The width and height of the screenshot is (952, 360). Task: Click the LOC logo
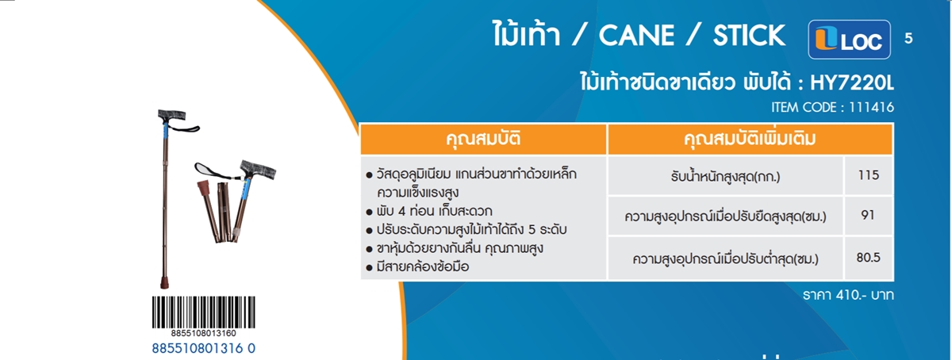pyautogui.click(x=849, y=40)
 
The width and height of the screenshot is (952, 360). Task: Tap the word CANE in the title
pyautogui.click(x=636, y=35)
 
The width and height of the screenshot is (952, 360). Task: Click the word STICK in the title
pyautogui.click(x=749, y=35)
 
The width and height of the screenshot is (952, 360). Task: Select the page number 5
pyautogui.click(x=908, y=39)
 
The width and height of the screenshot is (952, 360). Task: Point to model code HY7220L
pyautogui.click(x=852, y=83)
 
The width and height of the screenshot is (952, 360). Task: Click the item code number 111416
pyautogui.click(x=871, y=107)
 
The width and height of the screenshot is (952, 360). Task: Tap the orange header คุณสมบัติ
pyautogui.click(x=483, y=139)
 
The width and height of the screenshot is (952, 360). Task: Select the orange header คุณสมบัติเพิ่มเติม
pyautogui.click(x=750, y=139)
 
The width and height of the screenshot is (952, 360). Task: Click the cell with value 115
pyautogui.click(x=868, y=175)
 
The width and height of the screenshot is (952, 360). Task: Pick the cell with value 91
pyautogui.click(x=868, y=216)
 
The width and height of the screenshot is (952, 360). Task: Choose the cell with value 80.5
pyautogui.click(x=868, y=258)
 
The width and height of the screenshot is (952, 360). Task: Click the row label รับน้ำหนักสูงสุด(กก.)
pyautogui.click(x=725, y=176)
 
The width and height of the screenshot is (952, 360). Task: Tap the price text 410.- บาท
pyautogui.click(x=865, y=295)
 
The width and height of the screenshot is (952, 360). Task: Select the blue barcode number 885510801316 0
pyautogui.click(x=204, y=349)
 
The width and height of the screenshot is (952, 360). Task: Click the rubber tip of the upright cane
pyautogui.click(x=164, y=282)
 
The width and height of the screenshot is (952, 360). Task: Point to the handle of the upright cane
pyautogui.click(x=171, y=115)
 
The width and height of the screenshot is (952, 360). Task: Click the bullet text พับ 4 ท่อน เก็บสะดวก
pyautogui.click(x=435, y=211)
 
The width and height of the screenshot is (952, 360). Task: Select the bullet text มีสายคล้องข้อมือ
pyautogui.click(x=423, y=267)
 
